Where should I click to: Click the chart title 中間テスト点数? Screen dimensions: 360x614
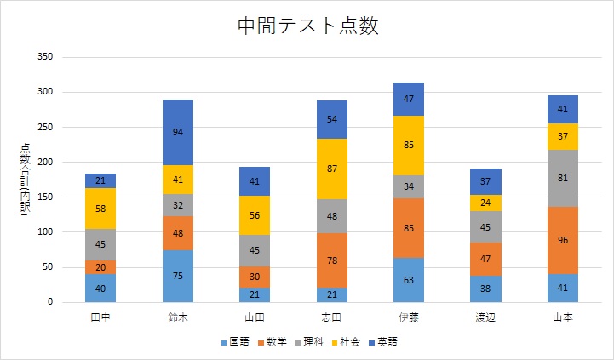(x=307, y=26)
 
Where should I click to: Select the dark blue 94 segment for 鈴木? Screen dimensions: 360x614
(x=178, y=132)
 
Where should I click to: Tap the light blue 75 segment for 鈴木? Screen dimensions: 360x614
(x=178, y=276)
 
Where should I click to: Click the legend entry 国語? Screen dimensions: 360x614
(x=236, y=342)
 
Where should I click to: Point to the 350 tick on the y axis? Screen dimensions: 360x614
(x=44, y=57)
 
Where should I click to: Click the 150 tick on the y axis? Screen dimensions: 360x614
(x=44, y=197)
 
